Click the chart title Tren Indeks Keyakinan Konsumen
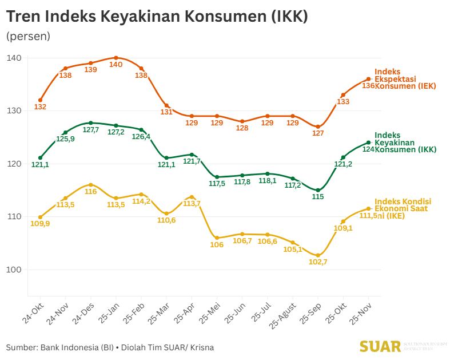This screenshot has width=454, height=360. (x=157, y=17)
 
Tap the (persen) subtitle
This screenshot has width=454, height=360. (x=28, y=36)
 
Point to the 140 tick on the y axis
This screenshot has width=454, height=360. (x=14, y=58)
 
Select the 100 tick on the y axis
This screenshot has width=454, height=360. (x=14, y=270)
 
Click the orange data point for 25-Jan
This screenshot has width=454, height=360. (x=116, y=58)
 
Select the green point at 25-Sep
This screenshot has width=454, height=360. (x=318, y=190)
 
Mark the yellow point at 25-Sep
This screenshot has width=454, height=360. (x=318, y=255)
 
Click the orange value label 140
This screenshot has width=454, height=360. (x=116, y=65)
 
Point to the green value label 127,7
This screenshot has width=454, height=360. (x=91, y=130)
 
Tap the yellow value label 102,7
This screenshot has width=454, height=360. (x=318, y=262)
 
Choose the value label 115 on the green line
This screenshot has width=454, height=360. (x=318, y=197)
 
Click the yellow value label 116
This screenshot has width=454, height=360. (x=91, y=192)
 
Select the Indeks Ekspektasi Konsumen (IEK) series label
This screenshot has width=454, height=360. (x=405, y=79)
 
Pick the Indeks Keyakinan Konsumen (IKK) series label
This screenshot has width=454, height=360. (x=405, y=143)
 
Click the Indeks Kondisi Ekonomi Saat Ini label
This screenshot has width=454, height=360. (x=403, y=209)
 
